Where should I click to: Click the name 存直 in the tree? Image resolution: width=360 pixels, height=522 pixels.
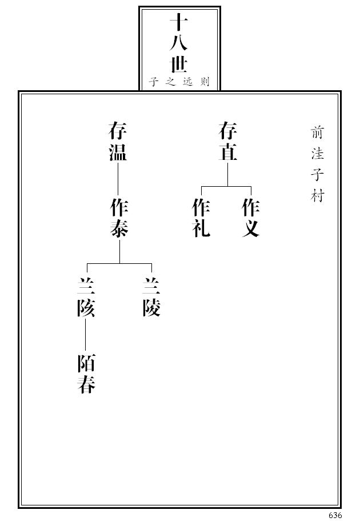227,142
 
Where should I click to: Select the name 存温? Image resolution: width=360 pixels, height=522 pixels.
118,142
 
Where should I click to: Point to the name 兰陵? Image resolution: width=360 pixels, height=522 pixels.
151,297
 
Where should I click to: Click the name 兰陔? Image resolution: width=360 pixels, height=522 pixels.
86,297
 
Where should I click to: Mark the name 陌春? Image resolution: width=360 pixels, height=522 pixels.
86,374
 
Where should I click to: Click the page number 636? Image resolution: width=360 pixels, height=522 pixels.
335,515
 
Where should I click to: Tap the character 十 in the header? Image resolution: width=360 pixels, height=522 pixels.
179,23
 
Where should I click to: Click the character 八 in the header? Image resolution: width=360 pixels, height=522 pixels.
179,43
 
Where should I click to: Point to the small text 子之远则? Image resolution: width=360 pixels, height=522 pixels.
179,82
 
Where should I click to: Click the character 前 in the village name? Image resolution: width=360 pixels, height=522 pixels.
317,132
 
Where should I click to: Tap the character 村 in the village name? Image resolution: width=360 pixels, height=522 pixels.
317,196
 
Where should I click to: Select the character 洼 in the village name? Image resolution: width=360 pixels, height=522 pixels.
317,154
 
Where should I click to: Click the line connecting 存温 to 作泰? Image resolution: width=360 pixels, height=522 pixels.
118,179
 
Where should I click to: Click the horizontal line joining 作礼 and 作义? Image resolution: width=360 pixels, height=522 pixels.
226,187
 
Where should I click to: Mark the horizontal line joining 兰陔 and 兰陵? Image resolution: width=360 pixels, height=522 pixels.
119,264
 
